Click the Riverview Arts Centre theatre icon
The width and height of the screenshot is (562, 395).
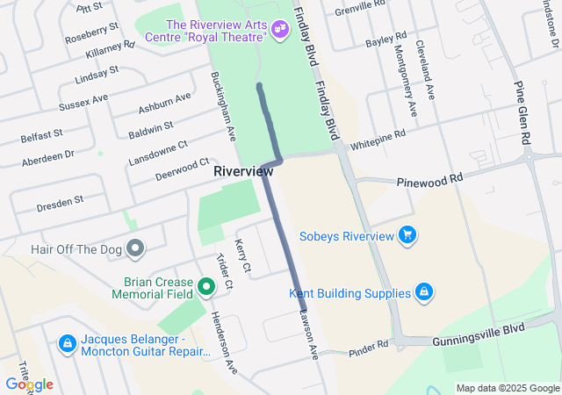(280, 29)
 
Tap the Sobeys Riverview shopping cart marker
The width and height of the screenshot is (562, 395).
(407, 235)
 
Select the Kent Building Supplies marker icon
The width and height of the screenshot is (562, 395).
(423, 292)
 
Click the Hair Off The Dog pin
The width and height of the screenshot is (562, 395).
(134, 249)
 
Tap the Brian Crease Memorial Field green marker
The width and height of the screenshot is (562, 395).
(206, 285)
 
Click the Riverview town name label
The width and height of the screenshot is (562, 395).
(243, 172)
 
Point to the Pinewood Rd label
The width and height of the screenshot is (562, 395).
(429, 178)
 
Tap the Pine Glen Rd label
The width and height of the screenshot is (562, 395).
(525, 115)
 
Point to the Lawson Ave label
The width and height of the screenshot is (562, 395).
(308, 333)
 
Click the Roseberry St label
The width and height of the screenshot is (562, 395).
(90, 34)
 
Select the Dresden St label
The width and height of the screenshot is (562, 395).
(60, 200)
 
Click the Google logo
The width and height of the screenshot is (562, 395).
(29, 384)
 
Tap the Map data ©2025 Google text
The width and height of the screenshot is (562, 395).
(508, 388)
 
